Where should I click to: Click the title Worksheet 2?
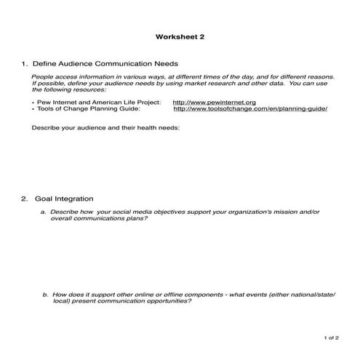[x=180, y=38]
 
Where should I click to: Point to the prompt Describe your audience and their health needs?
[x=105, y=128]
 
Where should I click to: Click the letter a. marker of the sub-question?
[x=44, y=212]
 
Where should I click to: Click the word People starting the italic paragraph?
[x=42, y=76]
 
